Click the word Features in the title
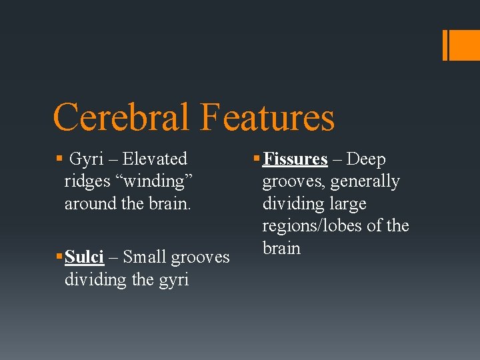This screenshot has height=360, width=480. click(266, 117)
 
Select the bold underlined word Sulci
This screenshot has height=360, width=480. click(85, 257)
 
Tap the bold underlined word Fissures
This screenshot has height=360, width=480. click(295, 159)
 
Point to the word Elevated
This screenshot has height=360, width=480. click(155, 159)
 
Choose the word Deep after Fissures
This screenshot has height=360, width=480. click(366, 159)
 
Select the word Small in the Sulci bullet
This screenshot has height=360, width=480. click(145, 257)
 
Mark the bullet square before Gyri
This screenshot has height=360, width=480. click(59, 159)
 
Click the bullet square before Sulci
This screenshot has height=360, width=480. click(59, 257)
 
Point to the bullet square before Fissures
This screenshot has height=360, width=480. click(257, 159)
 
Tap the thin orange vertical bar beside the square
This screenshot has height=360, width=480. click(445, 45)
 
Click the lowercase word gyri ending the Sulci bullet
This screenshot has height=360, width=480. click(174, 279)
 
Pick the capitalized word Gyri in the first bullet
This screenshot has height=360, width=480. click(85, 159)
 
